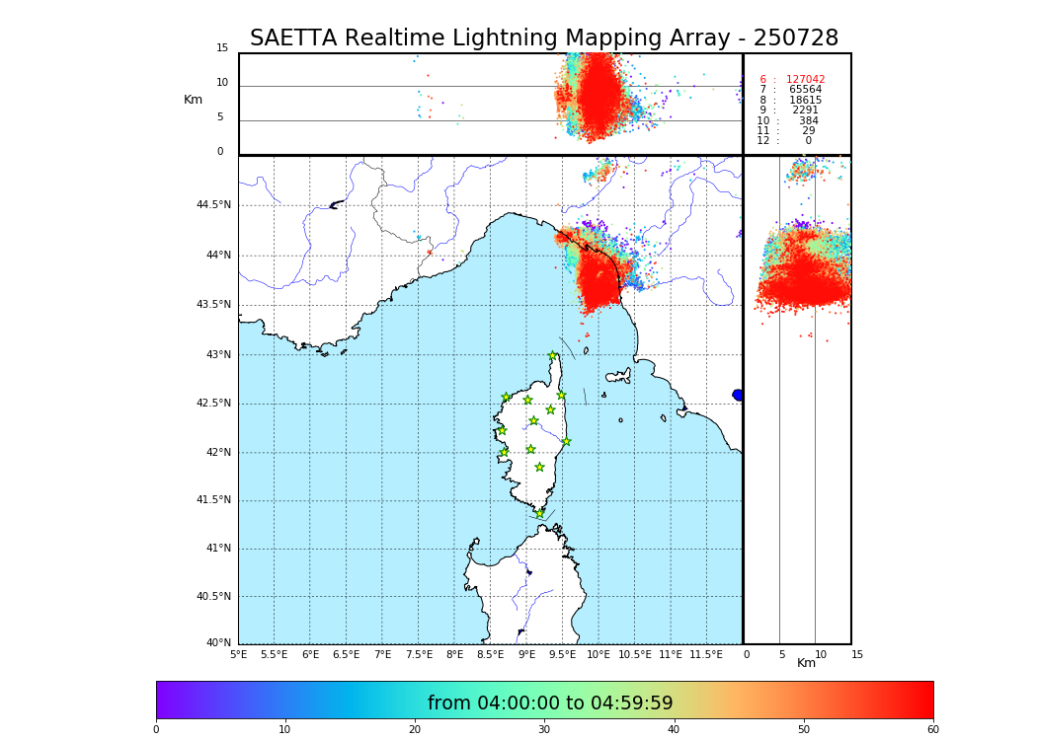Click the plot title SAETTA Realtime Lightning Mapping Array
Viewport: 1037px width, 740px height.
click(x=543, y=38)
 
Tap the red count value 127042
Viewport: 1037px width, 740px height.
click(x=805, y=80)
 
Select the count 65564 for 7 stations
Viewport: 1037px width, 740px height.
click(x=805, y=90)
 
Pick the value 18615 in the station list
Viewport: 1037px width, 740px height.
click(x=805, y=101)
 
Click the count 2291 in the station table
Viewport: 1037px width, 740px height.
click(x=805, y=111)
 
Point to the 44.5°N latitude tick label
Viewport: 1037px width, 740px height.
click(x=213, y=205)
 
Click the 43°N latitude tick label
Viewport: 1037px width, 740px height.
click(x=217, y=355)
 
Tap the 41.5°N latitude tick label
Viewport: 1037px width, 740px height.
click(x=213, y=500)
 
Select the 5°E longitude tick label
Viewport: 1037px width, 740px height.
click(x=239, y=654)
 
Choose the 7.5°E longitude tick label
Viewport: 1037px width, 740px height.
click(x=419, y=654)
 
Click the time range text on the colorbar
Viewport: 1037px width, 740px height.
click(x=550, y=703)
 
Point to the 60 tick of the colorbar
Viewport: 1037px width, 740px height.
click(x=932, y=729)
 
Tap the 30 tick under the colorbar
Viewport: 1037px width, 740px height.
click(x=544, y=729)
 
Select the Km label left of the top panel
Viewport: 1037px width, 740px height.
click(x=193, y=100)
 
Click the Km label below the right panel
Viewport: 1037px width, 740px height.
click(x=807, y=663)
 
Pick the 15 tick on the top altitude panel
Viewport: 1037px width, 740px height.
click(x=222, y=48)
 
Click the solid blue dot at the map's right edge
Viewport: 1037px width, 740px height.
click(x=738, y=395)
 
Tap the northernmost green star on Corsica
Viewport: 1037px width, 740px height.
click(x=553, y=356)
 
